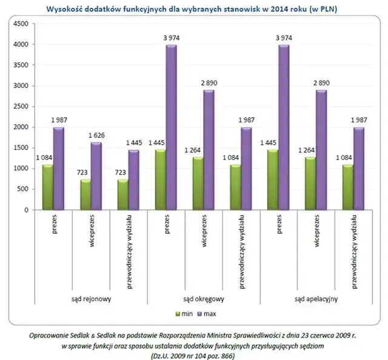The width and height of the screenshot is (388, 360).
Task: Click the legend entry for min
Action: (182, 313)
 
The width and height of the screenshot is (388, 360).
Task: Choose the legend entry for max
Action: (208, 313)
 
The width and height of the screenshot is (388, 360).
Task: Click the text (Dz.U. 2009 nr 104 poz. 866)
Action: (192, 355)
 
